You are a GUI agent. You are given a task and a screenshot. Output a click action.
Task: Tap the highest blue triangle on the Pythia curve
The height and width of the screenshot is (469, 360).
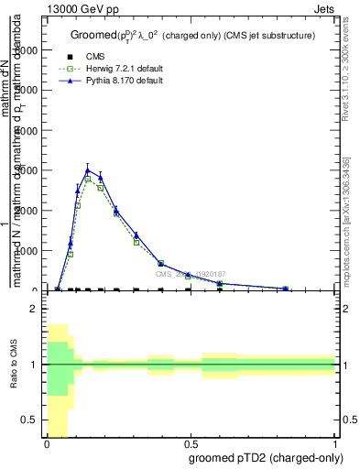tap(88, 170)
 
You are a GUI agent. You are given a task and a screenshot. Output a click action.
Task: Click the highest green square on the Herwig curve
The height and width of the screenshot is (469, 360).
tap(88, 180)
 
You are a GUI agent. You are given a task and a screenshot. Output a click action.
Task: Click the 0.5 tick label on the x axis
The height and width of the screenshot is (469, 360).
tap(191, 442)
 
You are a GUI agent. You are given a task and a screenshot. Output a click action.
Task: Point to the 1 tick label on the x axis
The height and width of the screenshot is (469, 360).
tap(334, 442)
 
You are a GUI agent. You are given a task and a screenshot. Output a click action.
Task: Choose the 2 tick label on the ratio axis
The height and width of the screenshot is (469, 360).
tap(33, 309)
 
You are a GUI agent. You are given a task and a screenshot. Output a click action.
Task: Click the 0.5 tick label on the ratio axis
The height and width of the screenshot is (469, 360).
tap(29, 420)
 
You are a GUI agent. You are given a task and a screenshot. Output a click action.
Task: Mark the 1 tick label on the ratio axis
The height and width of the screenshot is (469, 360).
tap(33, 365)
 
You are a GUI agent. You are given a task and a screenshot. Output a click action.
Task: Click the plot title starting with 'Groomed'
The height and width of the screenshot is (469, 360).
tap(192, 35)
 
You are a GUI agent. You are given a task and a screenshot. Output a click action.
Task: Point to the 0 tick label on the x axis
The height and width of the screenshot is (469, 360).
tap(47, 442)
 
